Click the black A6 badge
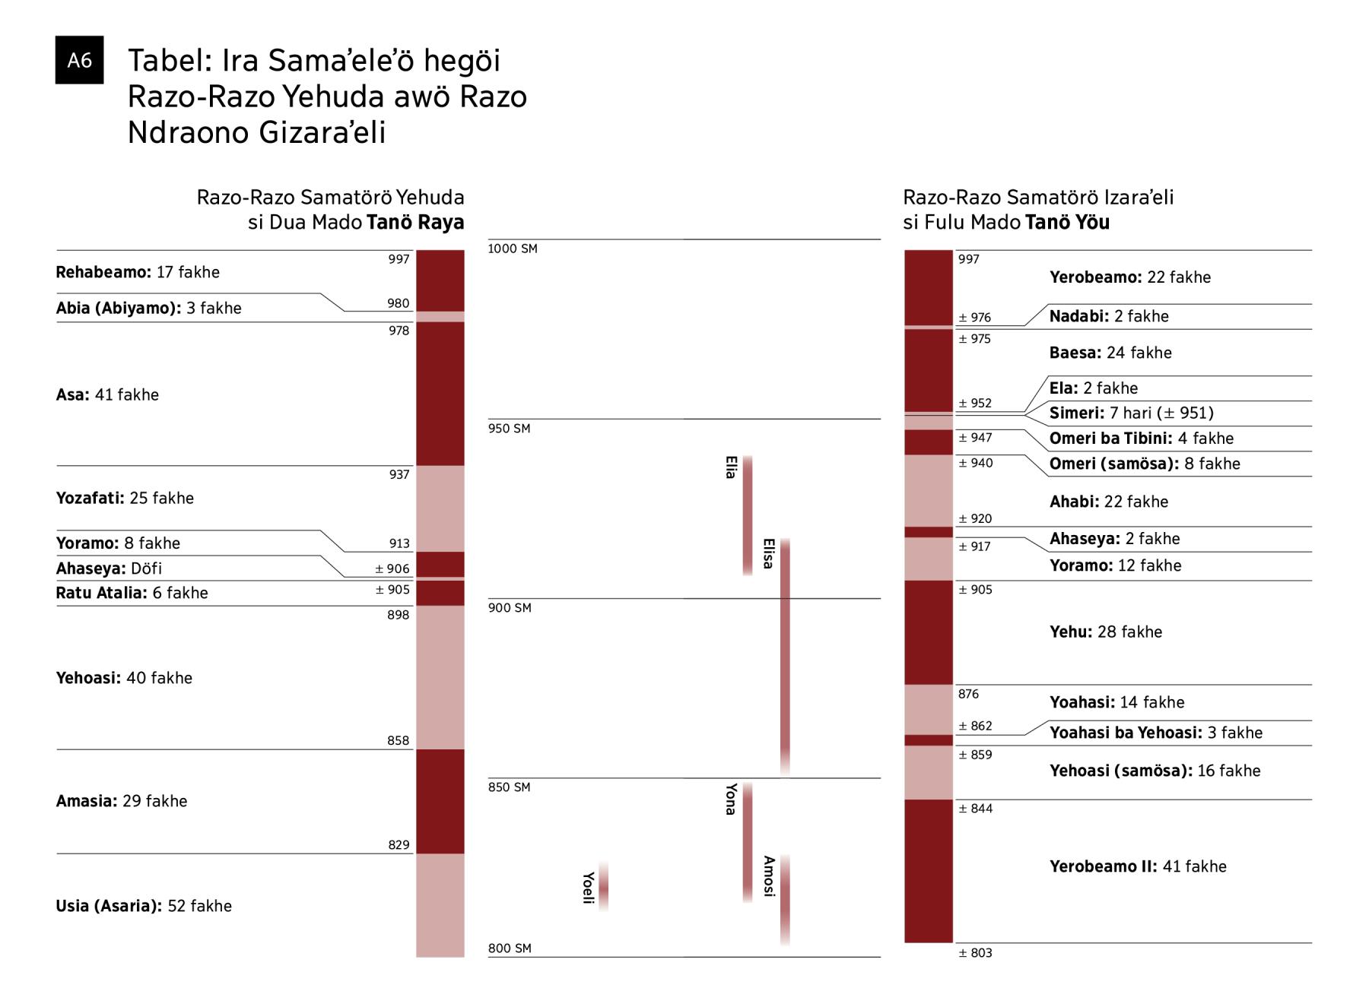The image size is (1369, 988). pyautogui.click(x=79, y=60)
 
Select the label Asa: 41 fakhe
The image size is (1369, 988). pyautogui.click(x=107, y=394)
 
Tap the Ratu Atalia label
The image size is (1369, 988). pyautogui.click(x=132, y=593)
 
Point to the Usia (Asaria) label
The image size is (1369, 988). pyautogui.click(x=144, y=906)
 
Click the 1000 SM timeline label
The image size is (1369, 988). pyautogui.click(x=513, y=249)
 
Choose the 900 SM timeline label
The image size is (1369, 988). pyautogui.click(x=510, y=608)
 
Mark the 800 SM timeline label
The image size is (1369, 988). pyautogui.click(x=510, y=948)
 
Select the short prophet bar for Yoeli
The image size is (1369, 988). pyautogui.click(x=603, y=886)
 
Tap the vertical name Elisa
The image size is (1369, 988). pyautogui.click(x=768, y=553)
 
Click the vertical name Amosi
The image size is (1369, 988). pyautogui.click(x=769, y=876)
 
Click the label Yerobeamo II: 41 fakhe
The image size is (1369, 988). pyautogui.click(x=1138, y=866)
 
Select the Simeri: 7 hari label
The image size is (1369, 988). pyautogui.click(x=1131, y=413)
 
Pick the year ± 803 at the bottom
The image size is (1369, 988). pyautogui.click(x=975, y=953)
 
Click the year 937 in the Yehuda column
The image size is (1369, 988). pyautogui.click(x=399, y=475)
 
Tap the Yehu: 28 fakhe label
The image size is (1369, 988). pyautogui.click(x=1106, y=632)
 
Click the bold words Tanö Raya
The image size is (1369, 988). pyautogui.click(x=415, y=223)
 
